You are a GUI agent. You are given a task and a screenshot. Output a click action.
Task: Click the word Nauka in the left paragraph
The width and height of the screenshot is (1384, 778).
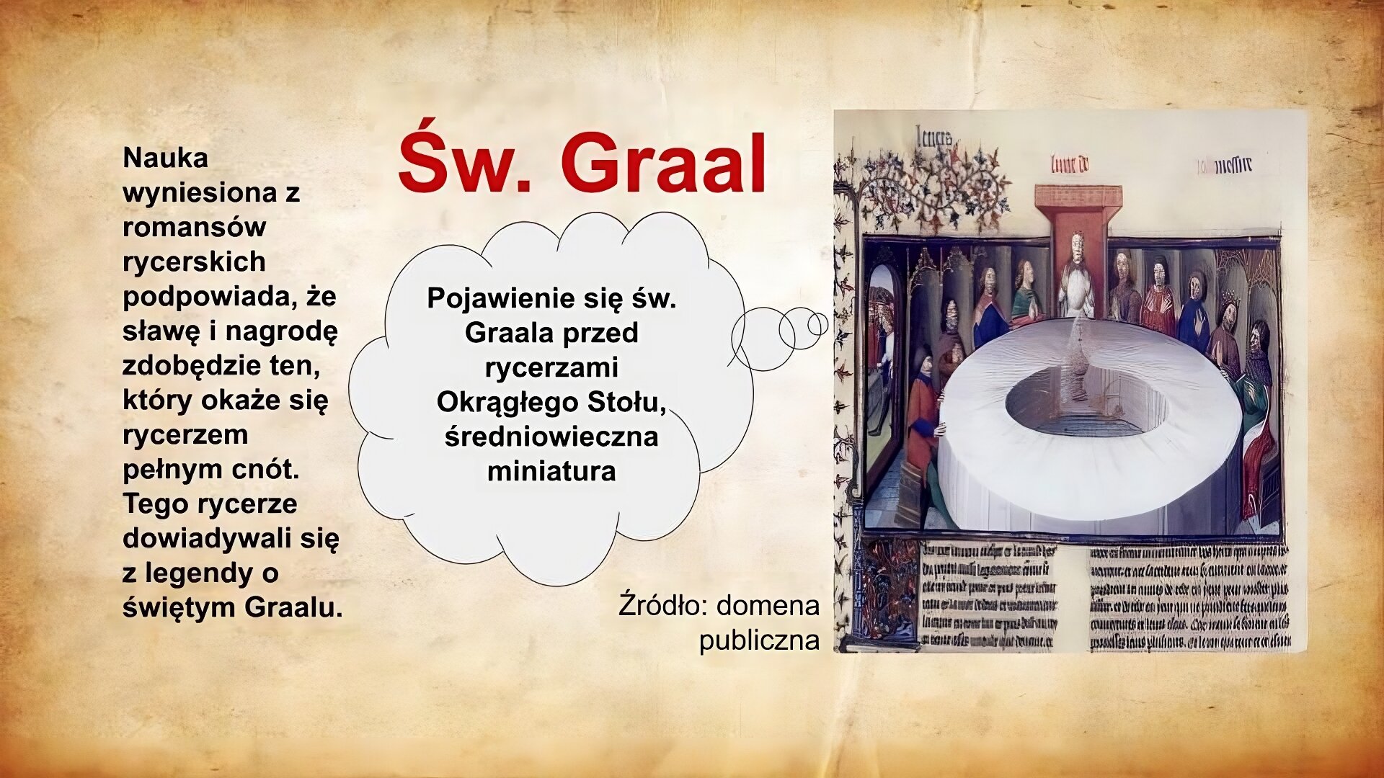point(166,158)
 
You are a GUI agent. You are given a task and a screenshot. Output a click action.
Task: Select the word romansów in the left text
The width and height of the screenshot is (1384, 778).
point(195,227)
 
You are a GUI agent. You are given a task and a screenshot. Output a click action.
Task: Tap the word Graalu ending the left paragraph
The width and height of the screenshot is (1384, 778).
point(293,607)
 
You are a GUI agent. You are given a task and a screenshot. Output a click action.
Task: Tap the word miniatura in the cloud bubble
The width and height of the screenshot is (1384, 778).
point(551,471)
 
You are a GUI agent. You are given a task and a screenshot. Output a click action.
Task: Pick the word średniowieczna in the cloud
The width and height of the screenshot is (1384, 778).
point(551,437)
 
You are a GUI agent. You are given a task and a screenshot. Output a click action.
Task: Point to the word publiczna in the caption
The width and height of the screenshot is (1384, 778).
point(759,640)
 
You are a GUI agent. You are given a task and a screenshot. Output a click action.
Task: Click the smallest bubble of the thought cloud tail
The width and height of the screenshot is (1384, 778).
point(817,324)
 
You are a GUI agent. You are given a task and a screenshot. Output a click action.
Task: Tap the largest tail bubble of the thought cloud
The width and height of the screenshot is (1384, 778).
point(763,339)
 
